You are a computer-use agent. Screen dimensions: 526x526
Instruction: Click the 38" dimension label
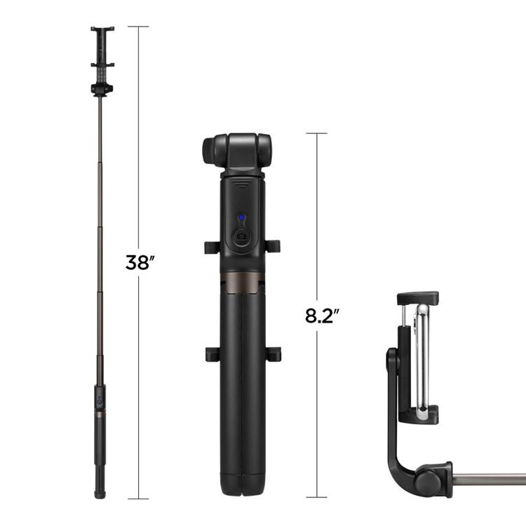(139, 263)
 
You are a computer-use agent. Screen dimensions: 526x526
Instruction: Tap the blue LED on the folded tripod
(241, 217)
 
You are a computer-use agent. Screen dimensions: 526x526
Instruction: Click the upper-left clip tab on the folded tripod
(210, 247)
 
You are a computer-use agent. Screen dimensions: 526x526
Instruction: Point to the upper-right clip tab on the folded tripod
(273, 246)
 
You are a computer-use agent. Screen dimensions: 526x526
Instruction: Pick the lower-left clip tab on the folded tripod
(212, 353)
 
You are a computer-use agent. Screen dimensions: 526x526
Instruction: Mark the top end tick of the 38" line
(138, 27)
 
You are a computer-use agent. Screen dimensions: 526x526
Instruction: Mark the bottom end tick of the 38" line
(138, 499)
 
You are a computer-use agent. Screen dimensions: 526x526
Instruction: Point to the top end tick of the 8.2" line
(317, 133)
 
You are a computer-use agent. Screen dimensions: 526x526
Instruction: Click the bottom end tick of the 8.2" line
(317, 499)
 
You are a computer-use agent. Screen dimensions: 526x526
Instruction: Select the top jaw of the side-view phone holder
(418, 298)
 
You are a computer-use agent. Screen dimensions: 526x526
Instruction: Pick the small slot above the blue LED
(241, 187)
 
